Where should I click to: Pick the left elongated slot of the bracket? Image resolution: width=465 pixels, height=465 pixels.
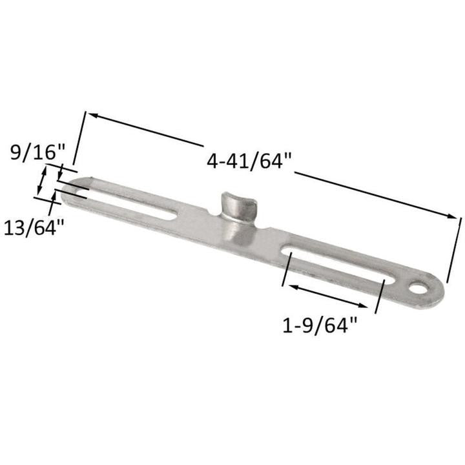[x=129, y=205]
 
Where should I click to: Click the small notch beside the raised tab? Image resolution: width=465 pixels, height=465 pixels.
[x=217, y=212]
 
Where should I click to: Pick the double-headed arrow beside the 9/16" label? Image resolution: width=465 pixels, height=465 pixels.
[x=43, y=180]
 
